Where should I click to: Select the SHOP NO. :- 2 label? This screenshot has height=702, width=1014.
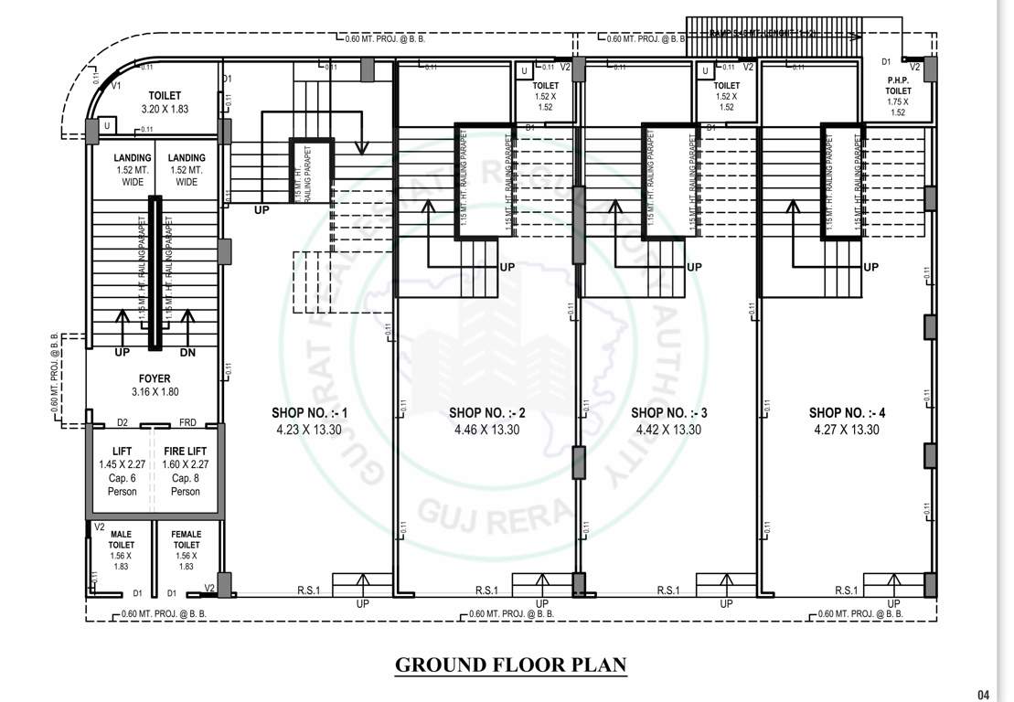pos(486,413)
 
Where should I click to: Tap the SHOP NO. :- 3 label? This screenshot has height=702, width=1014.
pos(669,413)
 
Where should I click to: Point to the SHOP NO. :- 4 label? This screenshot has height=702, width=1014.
pos(847,413)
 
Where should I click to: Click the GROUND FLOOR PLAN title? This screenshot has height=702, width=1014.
pos(510,665)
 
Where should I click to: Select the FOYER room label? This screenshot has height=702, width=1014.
pos(155,378)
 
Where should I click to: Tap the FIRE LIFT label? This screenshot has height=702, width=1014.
pos(186,452)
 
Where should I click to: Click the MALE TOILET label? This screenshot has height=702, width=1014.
pos(122,539)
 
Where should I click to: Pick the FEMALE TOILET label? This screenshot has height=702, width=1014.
pos(186,539)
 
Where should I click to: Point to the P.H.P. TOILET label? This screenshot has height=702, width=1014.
pos(898,86)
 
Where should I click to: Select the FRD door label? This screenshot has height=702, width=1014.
pos(187,423)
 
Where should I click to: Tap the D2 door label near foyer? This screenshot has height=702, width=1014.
pos(122,423)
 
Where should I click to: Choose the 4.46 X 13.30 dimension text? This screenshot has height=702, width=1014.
pos(486,430)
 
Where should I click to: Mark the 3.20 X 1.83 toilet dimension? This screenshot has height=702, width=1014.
pos(165,110)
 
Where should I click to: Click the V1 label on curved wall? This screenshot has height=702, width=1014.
pos(115,85)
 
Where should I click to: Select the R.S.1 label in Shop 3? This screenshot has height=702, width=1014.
pos(668,590)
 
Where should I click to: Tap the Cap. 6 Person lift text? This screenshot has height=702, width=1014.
pos(122,484)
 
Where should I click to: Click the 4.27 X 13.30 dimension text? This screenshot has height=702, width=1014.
pos(847,430)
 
